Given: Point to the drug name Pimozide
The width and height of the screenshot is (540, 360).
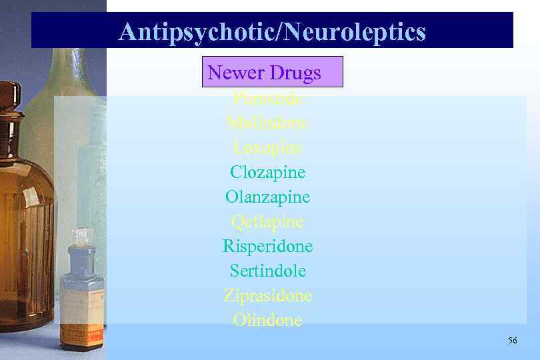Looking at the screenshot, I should click(x=268, y=99).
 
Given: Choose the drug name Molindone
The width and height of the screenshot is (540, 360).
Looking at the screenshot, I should click(x=268, y=123).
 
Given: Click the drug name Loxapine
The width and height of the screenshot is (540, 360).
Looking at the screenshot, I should click(x=268, y=147).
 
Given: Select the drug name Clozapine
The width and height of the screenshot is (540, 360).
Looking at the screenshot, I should click(x=268, y=172).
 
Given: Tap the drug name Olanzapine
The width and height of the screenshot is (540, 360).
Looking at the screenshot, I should click(x=268, y=197).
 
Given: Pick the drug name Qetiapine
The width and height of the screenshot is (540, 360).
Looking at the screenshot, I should click(x=268, y=221).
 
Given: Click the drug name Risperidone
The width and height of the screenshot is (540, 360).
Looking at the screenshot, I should click(x=268, y=246).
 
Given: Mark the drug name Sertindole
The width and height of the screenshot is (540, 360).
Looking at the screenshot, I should click(x=268, y=271).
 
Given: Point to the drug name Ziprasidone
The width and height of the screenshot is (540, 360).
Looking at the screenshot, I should click(x=268, y=295).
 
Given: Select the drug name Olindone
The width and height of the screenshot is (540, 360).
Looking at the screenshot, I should click(x=268, y=320).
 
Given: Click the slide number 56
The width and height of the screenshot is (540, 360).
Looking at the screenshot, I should click(x=512, y=341).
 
